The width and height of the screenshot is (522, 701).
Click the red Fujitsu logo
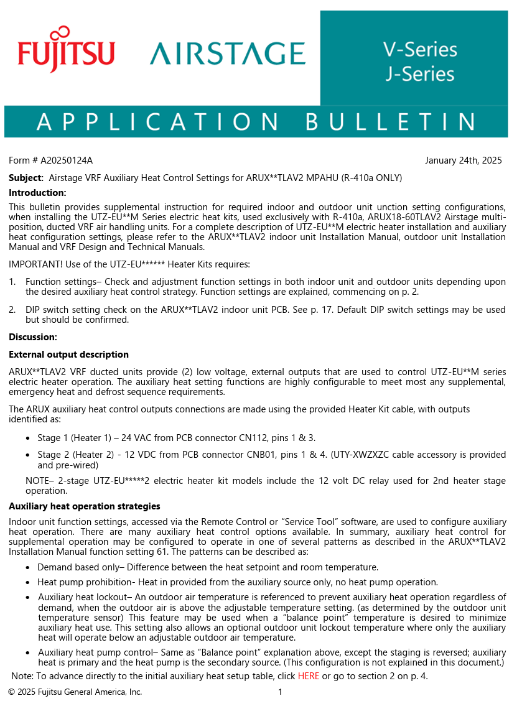[66, 50]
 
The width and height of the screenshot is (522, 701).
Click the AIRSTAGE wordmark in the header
[227, 53]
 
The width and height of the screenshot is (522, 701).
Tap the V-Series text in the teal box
[420, 50]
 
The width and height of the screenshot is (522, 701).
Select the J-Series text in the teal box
[420, 74]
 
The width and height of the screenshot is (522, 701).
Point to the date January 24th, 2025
[463, 160]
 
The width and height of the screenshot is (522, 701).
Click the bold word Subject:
[26, 178]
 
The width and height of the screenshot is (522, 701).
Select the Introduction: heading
[37, 193]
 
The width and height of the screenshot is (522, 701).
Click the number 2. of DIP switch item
[12, 310]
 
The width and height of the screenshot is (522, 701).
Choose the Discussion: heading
[33, 337]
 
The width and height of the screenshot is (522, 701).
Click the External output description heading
[68, 355]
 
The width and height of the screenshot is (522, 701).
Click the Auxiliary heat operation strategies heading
[85, 506]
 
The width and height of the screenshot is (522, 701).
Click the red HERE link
[308, 676]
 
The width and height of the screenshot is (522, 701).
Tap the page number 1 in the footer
[280, 692]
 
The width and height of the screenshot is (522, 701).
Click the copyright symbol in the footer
[12, 692]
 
